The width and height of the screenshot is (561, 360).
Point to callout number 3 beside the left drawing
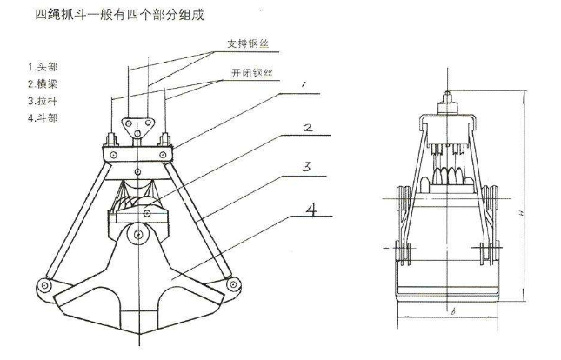(x=308, y=165)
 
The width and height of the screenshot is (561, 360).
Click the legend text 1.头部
(x=39, y=65)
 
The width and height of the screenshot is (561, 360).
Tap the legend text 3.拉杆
(x=39, y=99)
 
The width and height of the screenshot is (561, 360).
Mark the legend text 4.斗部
(x=39, y=117)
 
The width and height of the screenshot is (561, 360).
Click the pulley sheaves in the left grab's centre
(x=137, y=205)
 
